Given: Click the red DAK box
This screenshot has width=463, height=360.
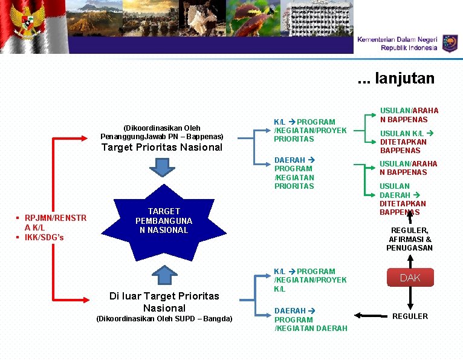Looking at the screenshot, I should click(x=409, y=278).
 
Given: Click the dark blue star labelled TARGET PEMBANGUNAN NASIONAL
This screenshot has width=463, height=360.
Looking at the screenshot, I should click(x=164, y=221).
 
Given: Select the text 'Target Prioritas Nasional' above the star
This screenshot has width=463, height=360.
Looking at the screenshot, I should click(x=162, y=147).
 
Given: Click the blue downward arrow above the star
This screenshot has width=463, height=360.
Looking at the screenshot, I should click(x=163, y=166).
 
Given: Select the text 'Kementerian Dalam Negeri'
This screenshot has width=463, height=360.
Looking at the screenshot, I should click(x=397, y=39).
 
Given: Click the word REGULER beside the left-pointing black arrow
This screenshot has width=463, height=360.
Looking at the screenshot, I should click(x=410, y=316).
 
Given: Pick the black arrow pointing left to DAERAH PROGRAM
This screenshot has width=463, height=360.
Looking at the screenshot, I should click(x=370, y=315).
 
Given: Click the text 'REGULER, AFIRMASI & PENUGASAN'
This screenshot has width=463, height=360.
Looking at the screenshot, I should click(x=409, y=239).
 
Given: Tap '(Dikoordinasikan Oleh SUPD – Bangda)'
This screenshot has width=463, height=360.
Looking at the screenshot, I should click(x=164, y=318).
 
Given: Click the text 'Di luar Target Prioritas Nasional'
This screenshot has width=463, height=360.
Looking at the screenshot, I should click(x=164, y=301).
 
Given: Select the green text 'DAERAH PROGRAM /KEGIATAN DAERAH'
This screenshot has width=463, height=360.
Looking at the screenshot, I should click(x=311, y=319).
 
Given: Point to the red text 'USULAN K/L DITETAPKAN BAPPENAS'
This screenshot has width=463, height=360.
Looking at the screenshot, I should click(x=403, y=142).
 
